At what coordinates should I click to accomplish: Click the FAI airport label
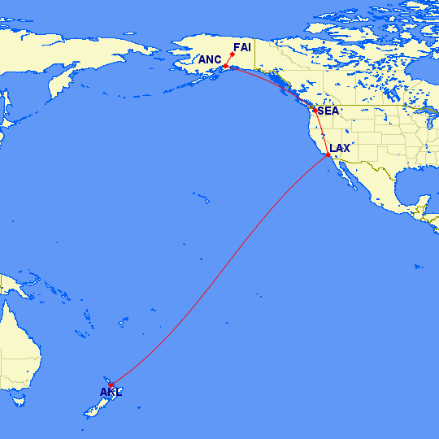coord(241,47)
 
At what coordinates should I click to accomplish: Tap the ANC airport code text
coord(210,59)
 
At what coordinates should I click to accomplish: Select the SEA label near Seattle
coord(328,111)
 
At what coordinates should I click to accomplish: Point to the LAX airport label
coord(339,148)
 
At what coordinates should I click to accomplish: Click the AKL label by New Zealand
coord(111,393)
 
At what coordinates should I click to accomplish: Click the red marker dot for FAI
coord(233,54)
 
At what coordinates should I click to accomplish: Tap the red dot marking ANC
coord(225,66)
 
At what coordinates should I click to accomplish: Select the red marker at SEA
coord(315,110)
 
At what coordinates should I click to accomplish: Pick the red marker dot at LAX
coord(328,154)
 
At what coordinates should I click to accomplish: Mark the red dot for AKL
coord(111,385)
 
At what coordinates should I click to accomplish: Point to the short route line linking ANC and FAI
coord(229,60)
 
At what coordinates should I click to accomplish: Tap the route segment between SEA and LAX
coord(321,132)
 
